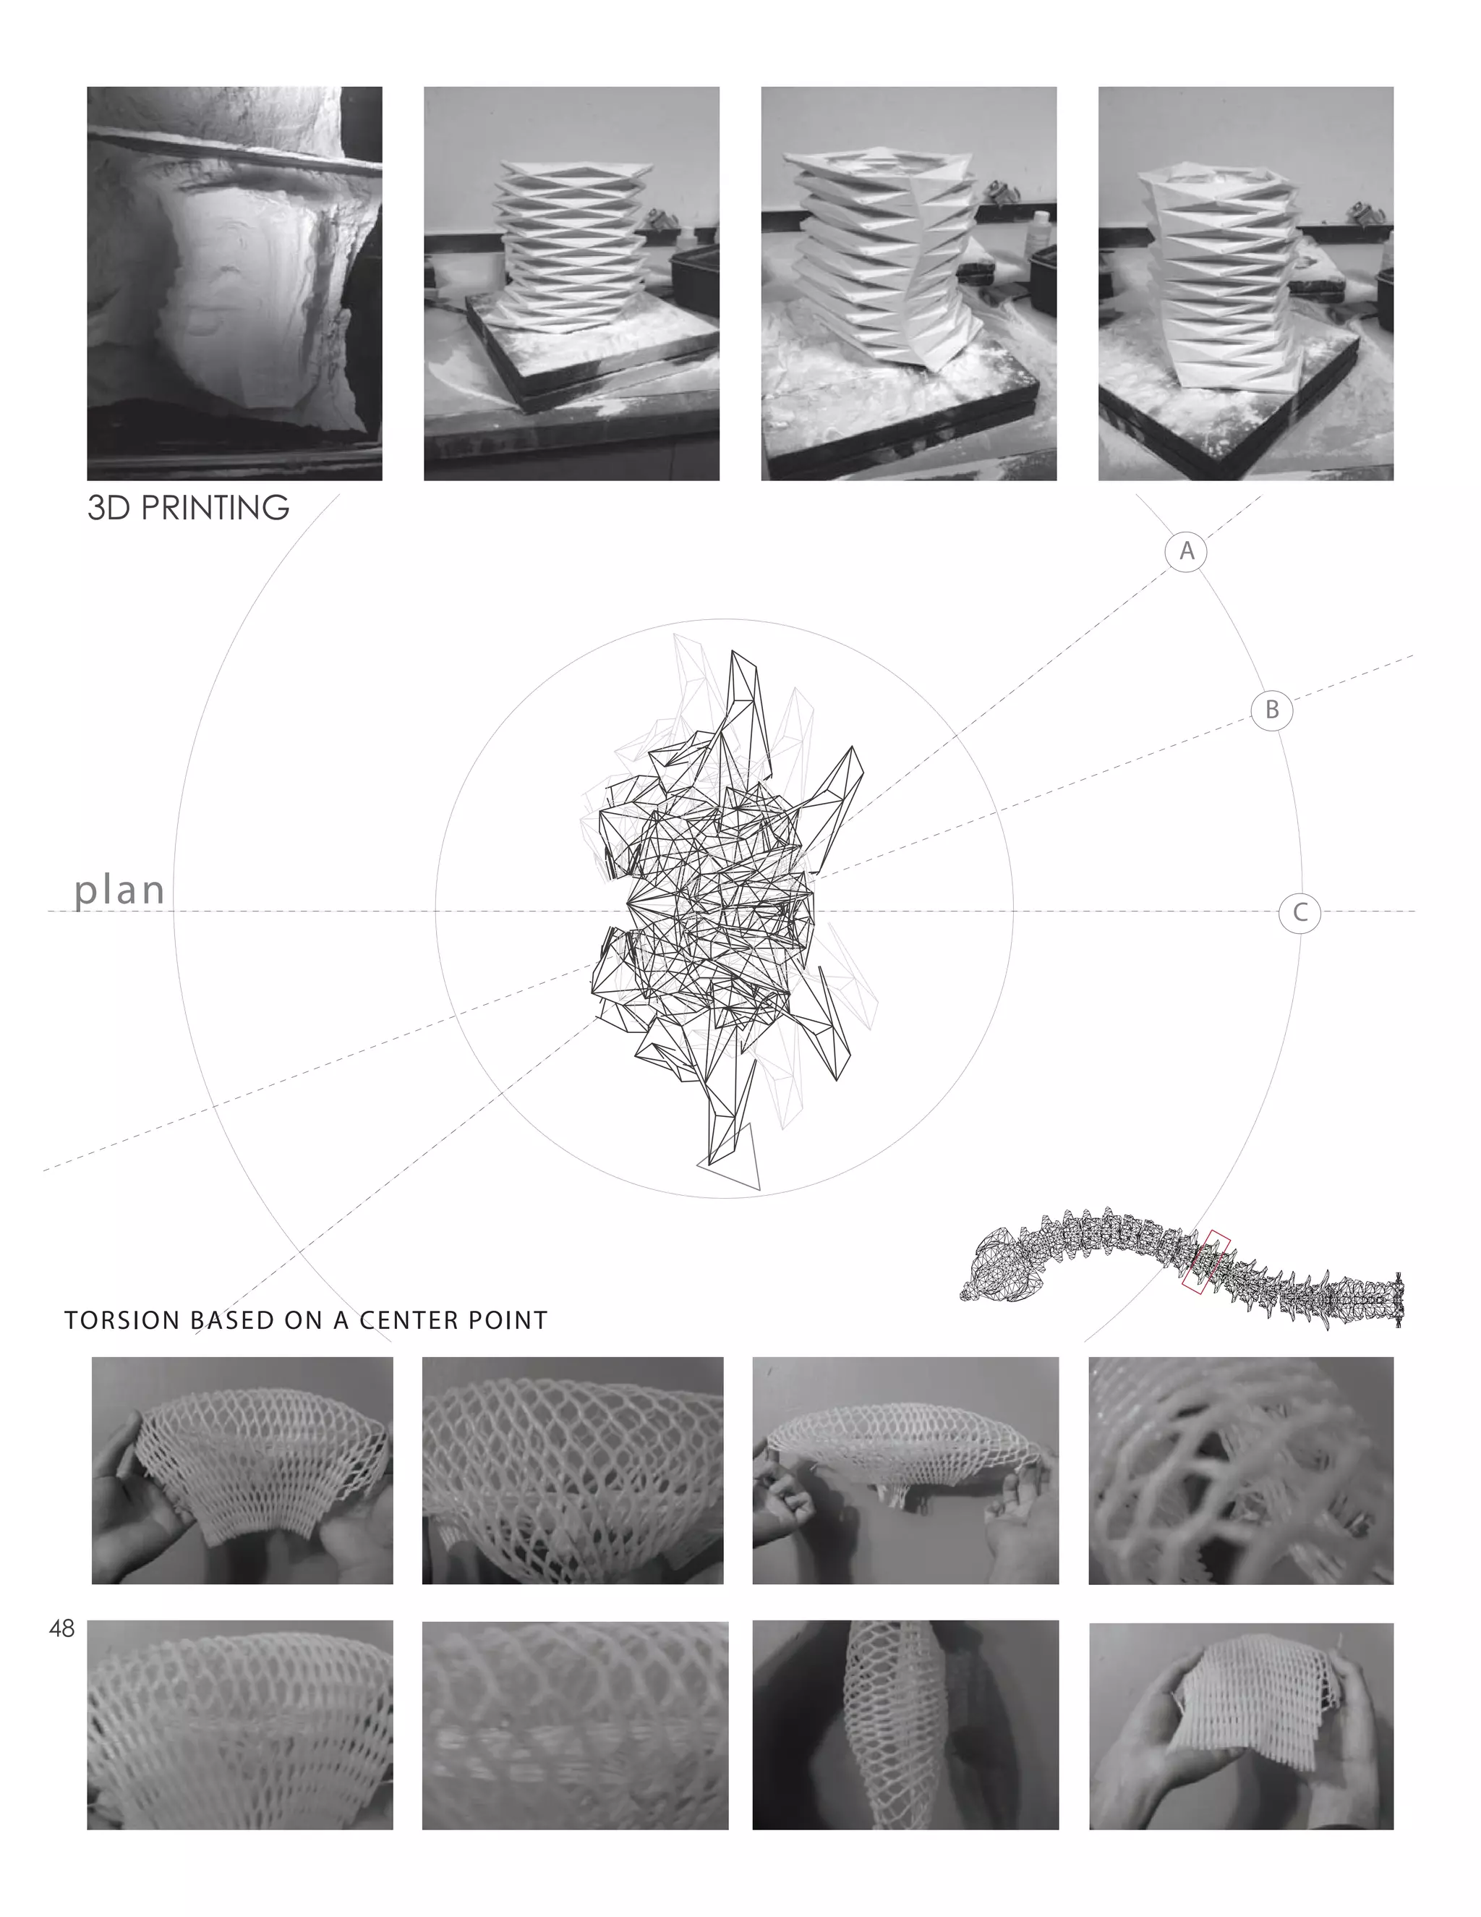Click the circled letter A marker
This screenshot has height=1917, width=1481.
(1186, 551)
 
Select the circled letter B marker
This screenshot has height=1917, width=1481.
(1271, 709)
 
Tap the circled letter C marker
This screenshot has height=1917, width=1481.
(1299, 913)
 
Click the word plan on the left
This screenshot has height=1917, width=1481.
(119, 890)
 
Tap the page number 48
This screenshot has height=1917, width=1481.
(62, 1629)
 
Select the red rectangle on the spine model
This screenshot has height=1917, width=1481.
(1205, 1262)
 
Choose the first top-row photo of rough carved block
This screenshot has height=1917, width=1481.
(234, 283)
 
